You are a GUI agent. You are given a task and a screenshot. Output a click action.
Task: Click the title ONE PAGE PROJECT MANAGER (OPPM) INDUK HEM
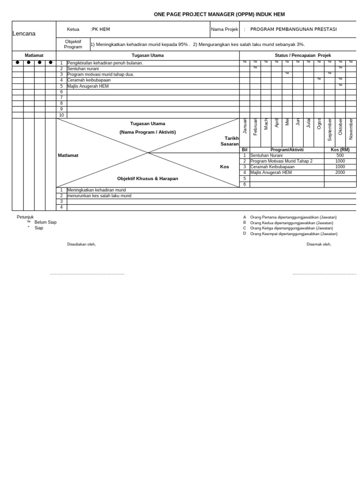(x=219, y=15)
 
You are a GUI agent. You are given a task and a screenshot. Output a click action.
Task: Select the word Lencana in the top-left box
(x=24, y=34)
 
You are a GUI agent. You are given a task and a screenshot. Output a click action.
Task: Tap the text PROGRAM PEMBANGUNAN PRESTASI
(x=293, y=29)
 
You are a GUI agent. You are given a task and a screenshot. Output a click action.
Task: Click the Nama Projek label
(x=225, y=29)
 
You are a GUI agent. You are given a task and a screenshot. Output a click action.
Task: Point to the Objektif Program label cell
(x=73, y=44)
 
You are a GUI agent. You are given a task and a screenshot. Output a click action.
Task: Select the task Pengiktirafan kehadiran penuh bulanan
(x=105, y=63)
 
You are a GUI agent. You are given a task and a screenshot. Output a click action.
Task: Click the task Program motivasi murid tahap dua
(x=100, y=75)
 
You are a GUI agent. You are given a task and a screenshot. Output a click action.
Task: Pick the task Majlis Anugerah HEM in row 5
(x=88, y=86)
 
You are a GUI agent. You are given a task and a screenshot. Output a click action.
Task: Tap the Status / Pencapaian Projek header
(x=302, y=55)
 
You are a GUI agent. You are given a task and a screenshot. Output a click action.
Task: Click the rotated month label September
(x=330, y=130)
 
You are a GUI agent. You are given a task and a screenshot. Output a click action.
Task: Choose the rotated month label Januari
(x=245, y=127)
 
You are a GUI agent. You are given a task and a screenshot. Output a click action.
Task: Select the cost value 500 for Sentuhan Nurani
(x=340, y=156)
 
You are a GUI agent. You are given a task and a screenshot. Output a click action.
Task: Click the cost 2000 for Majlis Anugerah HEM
(x=340, y=172)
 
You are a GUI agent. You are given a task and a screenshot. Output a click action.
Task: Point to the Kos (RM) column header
(x=340, y=150)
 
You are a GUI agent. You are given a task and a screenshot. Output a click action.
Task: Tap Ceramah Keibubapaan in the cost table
(x=272, y=167)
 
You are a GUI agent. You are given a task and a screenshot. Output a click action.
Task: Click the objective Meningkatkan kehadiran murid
(x=96, y=190)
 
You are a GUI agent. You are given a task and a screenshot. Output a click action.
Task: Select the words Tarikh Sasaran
(x=230, y=141)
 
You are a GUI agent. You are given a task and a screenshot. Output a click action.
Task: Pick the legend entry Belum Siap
(x=45, y=222)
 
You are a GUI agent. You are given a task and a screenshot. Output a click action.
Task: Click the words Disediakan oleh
(x=82, y=244)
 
